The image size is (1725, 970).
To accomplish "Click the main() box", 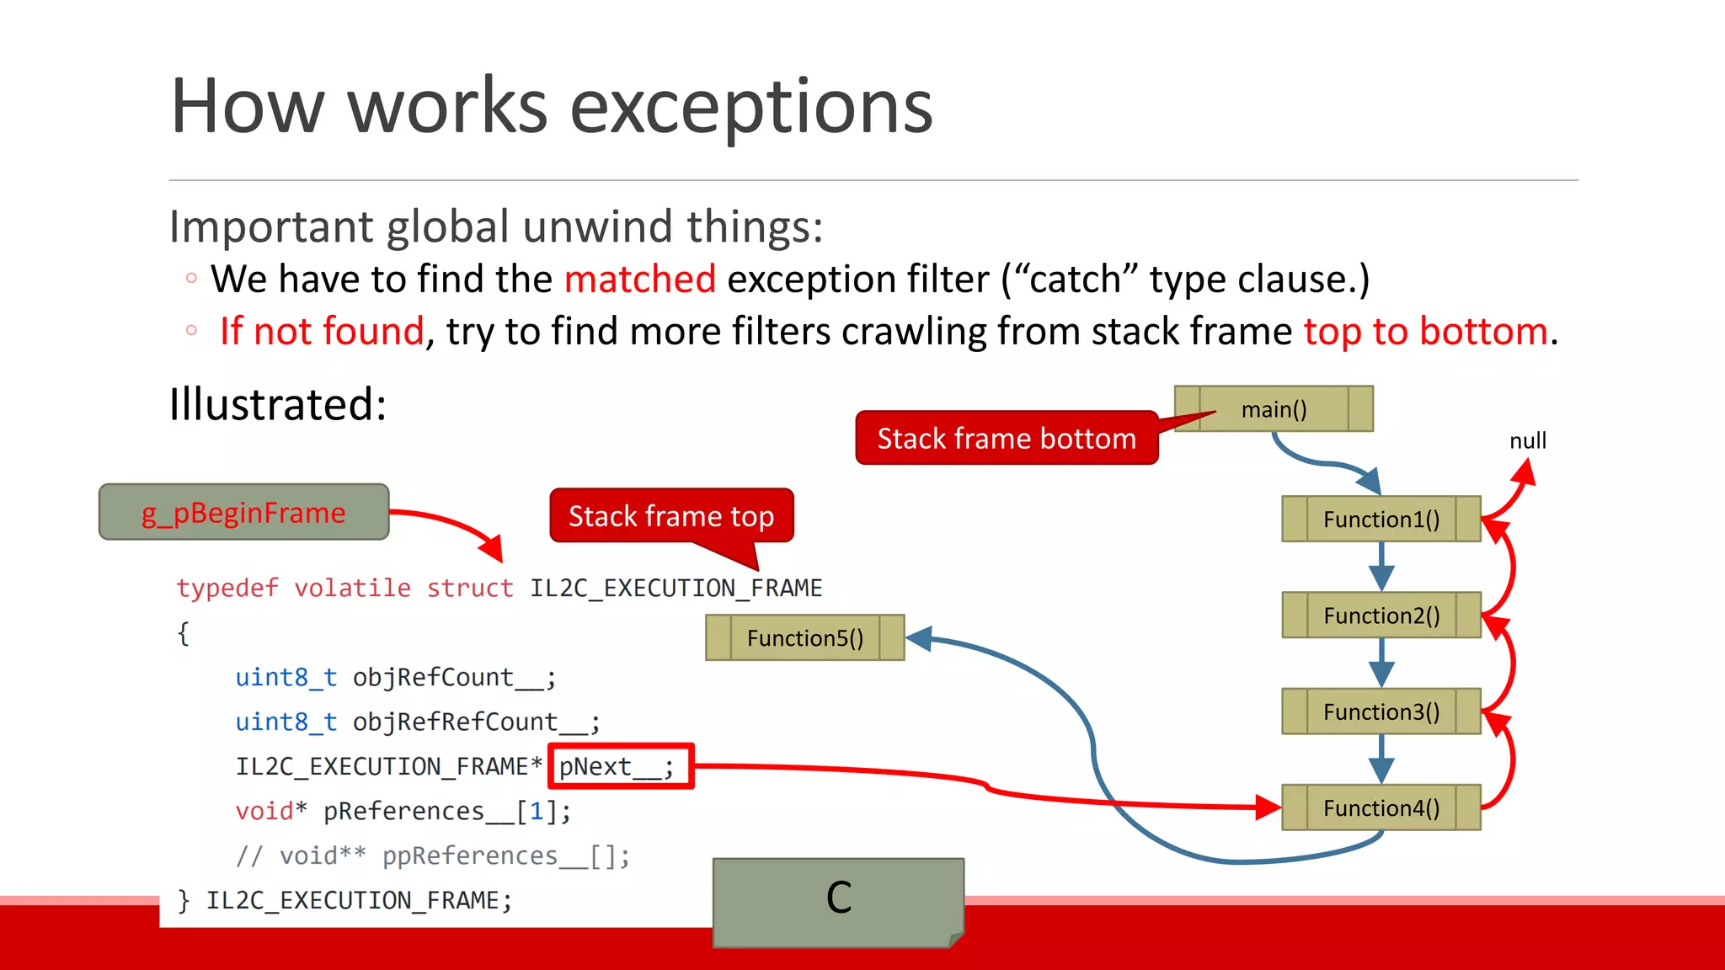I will click(1274, 409).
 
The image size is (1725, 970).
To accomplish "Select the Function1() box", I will click(1381, 519).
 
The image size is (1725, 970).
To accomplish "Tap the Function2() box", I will click(1381, 616).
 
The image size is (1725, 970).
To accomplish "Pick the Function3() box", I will click(1381, 712).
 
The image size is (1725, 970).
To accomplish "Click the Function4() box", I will click(1381, 808).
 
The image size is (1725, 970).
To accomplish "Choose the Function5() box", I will click(804, 638).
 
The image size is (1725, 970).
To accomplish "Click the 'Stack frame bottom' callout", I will click(1007, 438).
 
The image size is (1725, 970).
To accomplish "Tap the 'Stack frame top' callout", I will click(671, 515).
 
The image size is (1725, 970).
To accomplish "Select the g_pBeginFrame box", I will click(243, 512).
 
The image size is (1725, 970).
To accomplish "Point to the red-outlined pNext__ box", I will click(621, 766).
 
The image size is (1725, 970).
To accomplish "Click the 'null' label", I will click(1527, 440).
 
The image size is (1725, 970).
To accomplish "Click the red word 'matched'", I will click(640, 279).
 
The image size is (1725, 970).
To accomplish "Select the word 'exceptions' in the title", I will click(751, 107).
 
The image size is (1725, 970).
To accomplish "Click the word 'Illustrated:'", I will click(278, 404).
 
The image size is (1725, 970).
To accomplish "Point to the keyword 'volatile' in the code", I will click(352, 588).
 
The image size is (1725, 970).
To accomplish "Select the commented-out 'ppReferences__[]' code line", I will click(433, 855).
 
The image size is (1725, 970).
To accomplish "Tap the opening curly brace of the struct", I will click(184, 632).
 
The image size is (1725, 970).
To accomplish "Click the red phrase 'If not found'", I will click(322, 331).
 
